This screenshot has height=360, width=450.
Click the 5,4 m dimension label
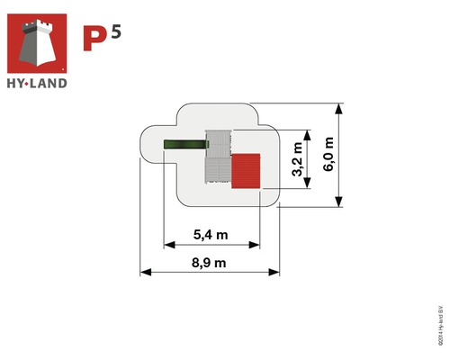[x=211, y=236]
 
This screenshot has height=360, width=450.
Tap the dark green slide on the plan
[x=184, y=145]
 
